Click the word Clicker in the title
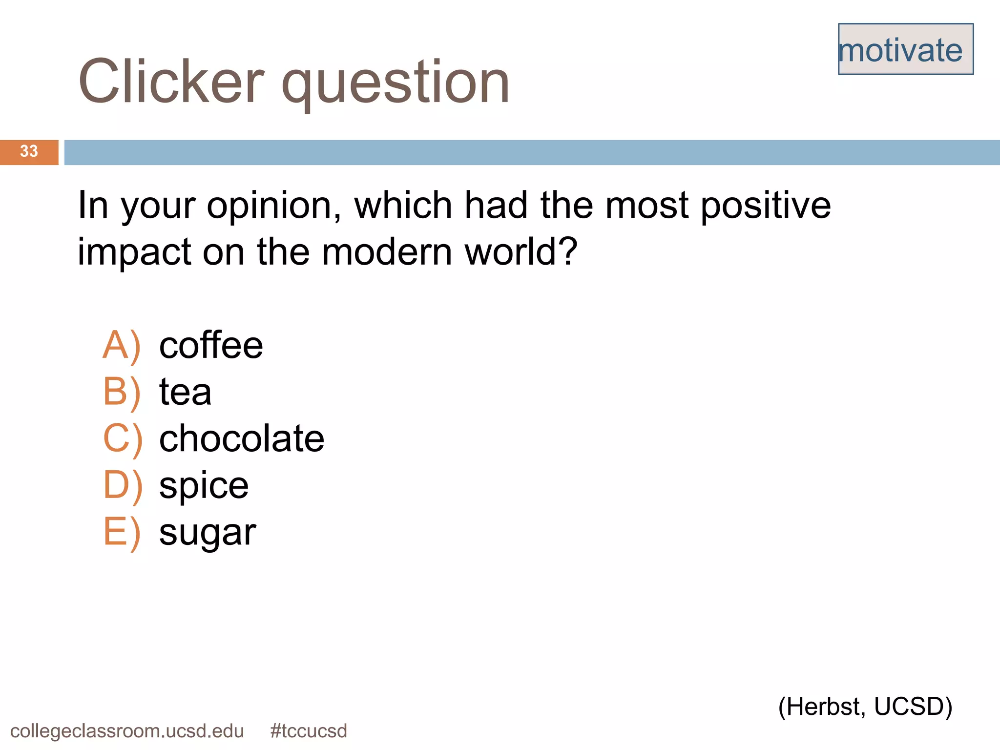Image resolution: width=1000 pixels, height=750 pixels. [x=171, y=82]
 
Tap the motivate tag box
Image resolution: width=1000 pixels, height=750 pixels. [x=905, y=49]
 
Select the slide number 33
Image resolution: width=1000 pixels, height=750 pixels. [x=29, y=151]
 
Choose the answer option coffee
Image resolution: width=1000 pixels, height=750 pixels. [x=211, y=345]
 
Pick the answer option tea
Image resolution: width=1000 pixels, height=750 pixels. [x=185, y=392]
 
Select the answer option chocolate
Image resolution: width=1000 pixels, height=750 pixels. [x=242, y=438]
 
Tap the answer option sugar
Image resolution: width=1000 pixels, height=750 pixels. [x=208, y=532]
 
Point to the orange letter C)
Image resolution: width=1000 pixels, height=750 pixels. [x=123, y=438]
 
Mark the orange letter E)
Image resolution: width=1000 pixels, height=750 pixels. [x=122, y=532]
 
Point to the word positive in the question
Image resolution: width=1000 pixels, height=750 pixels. [x=766, y=205]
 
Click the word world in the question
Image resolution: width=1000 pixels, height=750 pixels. [x=521, y=252]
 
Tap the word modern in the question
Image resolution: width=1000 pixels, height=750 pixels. [x=387, y=252]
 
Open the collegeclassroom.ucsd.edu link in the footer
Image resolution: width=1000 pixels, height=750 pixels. [x=127, y=731]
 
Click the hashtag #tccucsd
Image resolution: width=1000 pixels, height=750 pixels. [x=308, y=731]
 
